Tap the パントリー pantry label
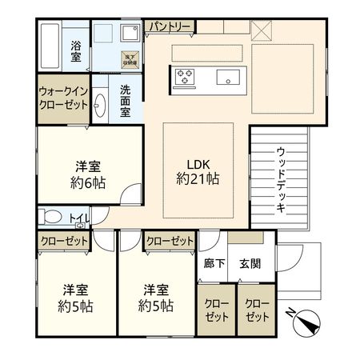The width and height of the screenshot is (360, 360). (x=170, y=27)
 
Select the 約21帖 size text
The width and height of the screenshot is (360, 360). (x=198, y=180)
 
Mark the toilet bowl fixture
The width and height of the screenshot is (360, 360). (x=52, y=217)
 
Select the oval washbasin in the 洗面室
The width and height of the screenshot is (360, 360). (x=100, y=105)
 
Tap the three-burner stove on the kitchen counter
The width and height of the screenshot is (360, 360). (x=185, y=78)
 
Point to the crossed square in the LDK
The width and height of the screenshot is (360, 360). (x=262, y=30)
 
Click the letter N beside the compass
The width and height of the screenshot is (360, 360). (x=291, y=313)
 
